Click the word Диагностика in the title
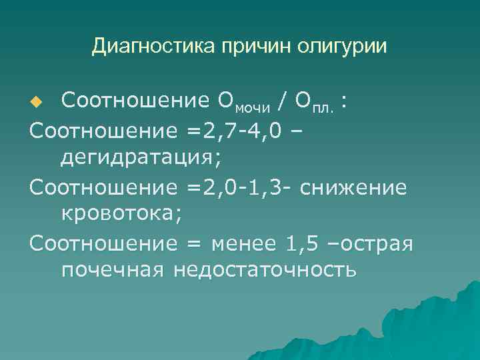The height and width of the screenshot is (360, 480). click(x=139, y=46)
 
